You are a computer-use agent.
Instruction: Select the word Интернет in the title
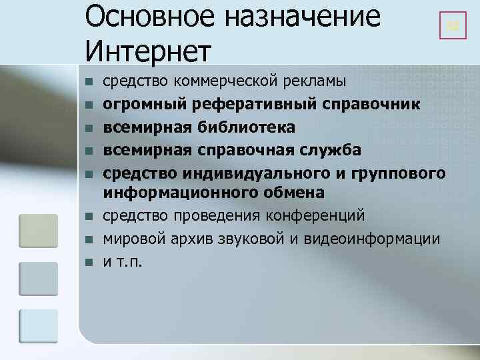pyautogui.click(x=148, y=51)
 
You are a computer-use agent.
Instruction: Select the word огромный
pyautogui.click(x=141, y=105)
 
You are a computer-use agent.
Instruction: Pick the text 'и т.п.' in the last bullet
pyautogui.click(x=123, y=261)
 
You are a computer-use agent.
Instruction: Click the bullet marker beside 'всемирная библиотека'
pyautogui.click(x=87, y=127)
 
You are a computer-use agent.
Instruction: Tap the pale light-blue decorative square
pyautogui.click(x=38, y=329)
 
